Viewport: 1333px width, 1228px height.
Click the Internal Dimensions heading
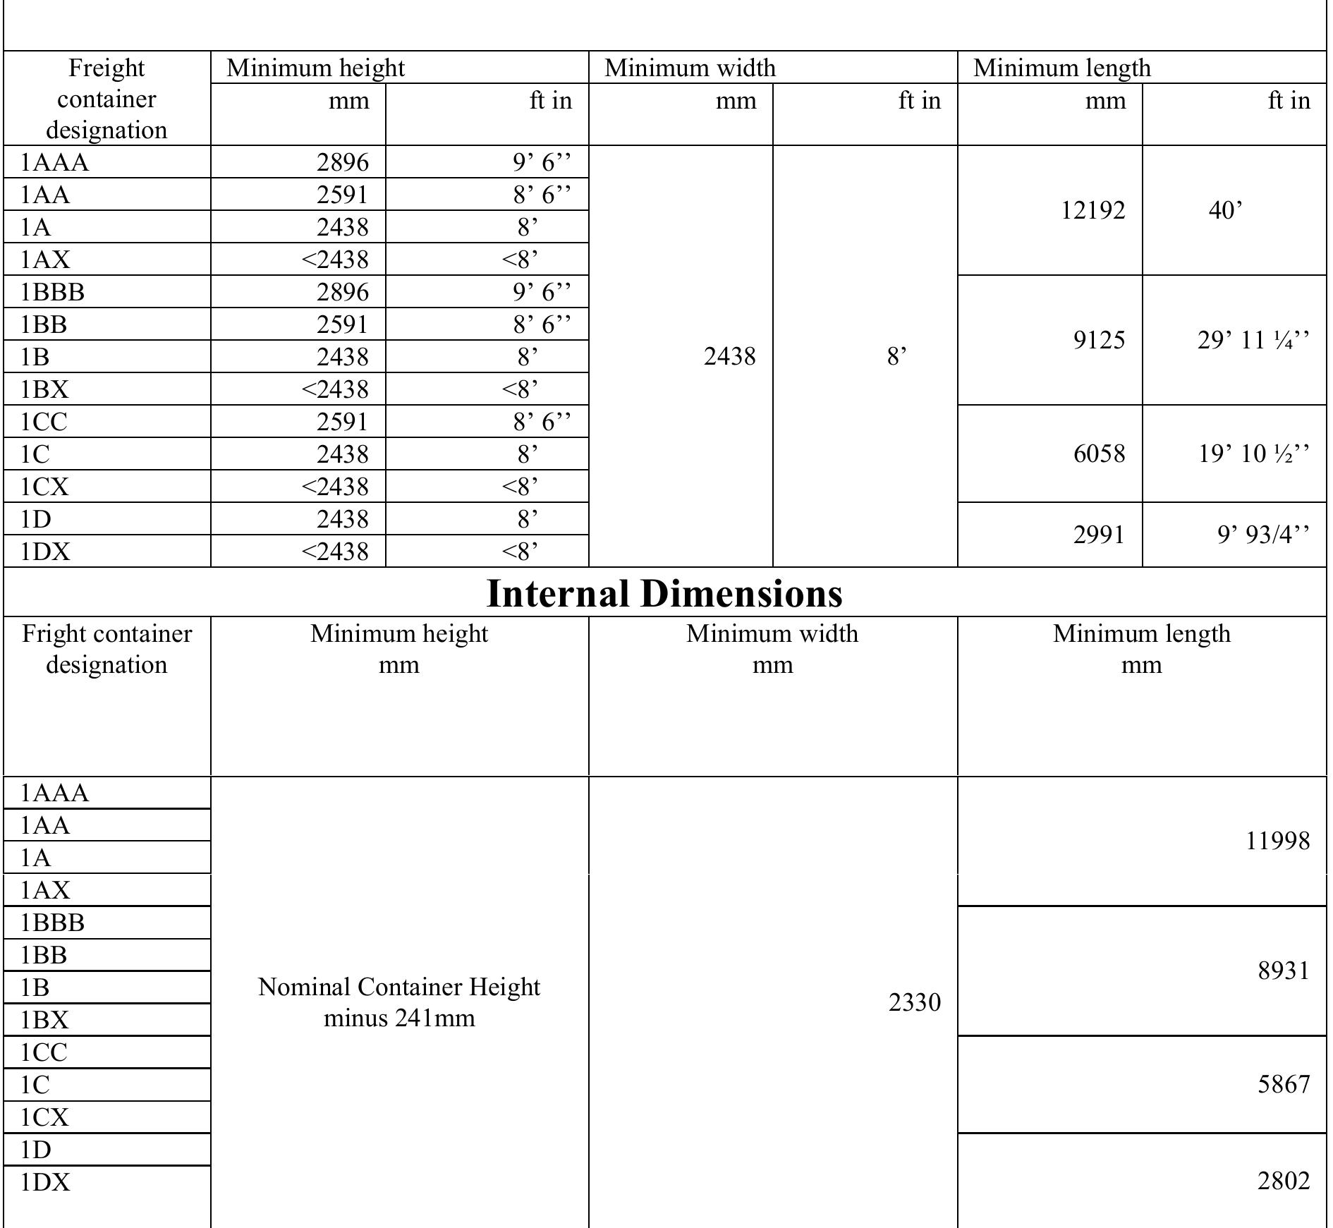[x=664, y=593]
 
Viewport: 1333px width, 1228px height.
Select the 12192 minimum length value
[x=1092, y=210]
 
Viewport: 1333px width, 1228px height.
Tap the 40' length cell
[x=1225, y=210]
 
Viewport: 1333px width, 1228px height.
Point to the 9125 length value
[x=1099, y=340]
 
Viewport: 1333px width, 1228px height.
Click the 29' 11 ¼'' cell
[x=1253, y=340]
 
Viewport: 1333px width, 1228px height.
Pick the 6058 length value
[x=1099, y=453]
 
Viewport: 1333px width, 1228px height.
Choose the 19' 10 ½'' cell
[x=1253, y=453]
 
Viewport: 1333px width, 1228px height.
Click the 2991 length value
[x=1099, y=535]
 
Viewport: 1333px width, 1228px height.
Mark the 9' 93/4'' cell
[x=1262, y=535]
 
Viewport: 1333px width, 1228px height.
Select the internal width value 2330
[x=914, y=1002]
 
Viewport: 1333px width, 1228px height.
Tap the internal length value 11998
[x=1277, y=841]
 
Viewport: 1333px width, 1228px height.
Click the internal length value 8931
[x=1283, y=971]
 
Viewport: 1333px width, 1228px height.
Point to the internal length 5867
[x=1283, y=1083]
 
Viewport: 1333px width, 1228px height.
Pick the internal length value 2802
[x=1283, y=1181]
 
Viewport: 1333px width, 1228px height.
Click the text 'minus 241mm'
[x=399, y=1018]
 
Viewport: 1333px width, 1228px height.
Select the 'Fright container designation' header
[x=106, y=649]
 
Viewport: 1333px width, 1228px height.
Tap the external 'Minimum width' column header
[x=690, y=68]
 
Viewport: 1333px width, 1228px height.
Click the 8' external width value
[x=896, y=357]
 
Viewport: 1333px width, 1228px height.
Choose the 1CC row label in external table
[x=44, y=422]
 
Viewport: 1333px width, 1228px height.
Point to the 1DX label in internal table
[x=46, y=1182]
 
